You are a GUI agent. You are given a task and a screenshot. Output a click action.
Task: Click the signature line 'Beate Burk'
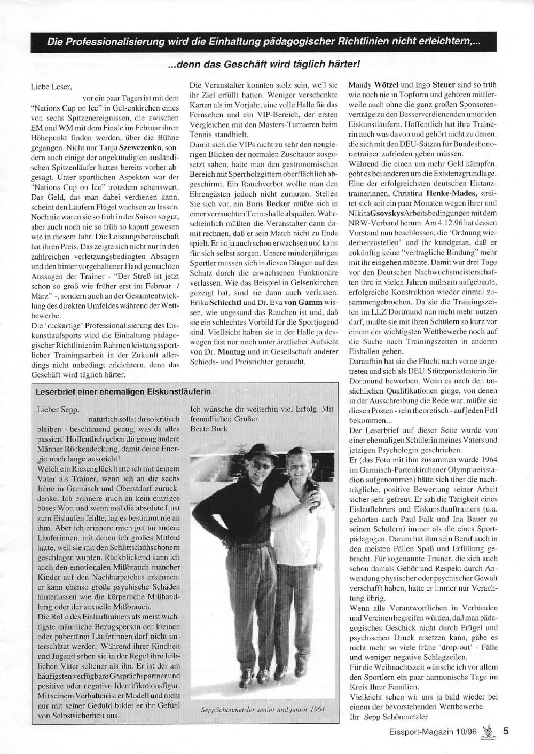209,428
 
